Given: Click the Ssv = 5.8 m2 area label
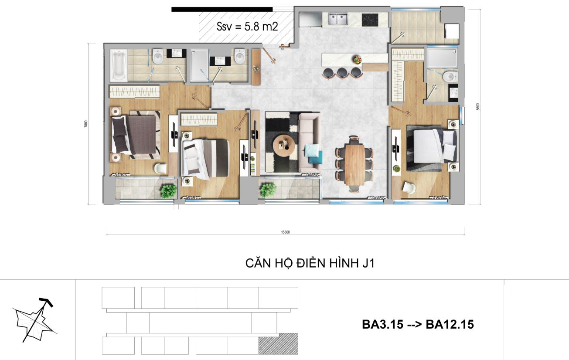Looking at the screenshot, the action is point(247,27).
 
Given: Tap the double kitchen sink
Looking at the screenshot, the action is point(338,19).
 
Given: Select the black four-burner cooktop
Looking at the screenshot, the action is point(370,20).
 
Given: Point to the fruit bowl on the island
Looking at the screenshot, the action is point(358,60).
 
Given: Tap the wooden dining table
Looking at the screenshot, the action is point(355,165).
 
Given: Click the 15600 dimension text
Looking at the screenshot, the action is point(285,232).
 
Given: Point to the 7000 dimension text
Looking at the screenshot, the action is point(86,124).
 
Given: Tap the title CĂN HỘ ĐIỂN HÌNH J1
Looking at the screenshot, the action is point(310,263).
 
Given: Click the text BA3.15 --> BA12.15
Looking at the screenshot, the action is point(418,324).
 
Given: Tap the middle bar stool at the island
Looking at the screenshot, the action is point(341,72).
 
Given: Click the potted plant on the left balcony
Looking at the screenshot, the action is point(168,190).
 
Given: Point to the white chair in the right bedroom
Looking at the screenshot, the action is point(409,187).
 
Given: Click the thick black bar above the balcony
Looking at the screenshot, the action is point(222,10).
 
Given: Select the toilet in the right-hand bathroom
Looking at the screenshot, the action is point(450,76).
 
